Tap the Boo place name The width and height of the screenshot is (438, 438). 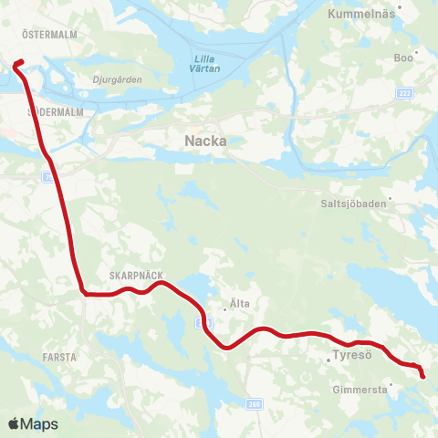pos(402,57)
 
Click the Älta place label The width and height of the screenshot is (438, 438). pos(240,303)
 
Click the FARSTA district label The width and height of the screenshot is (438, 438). pos(58,357)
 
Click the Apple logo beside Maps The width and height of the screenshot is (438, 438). pos(14,423)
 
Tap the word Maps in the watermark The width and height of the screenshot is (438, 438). pos(39,424)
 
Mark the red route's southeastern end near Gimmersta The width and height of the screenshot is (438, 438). pos(422,376)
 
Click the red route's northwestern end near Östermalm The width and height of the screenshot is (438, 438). pos(16,63)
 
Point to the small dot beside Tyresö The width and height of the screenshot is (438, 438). pos(328,360)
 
